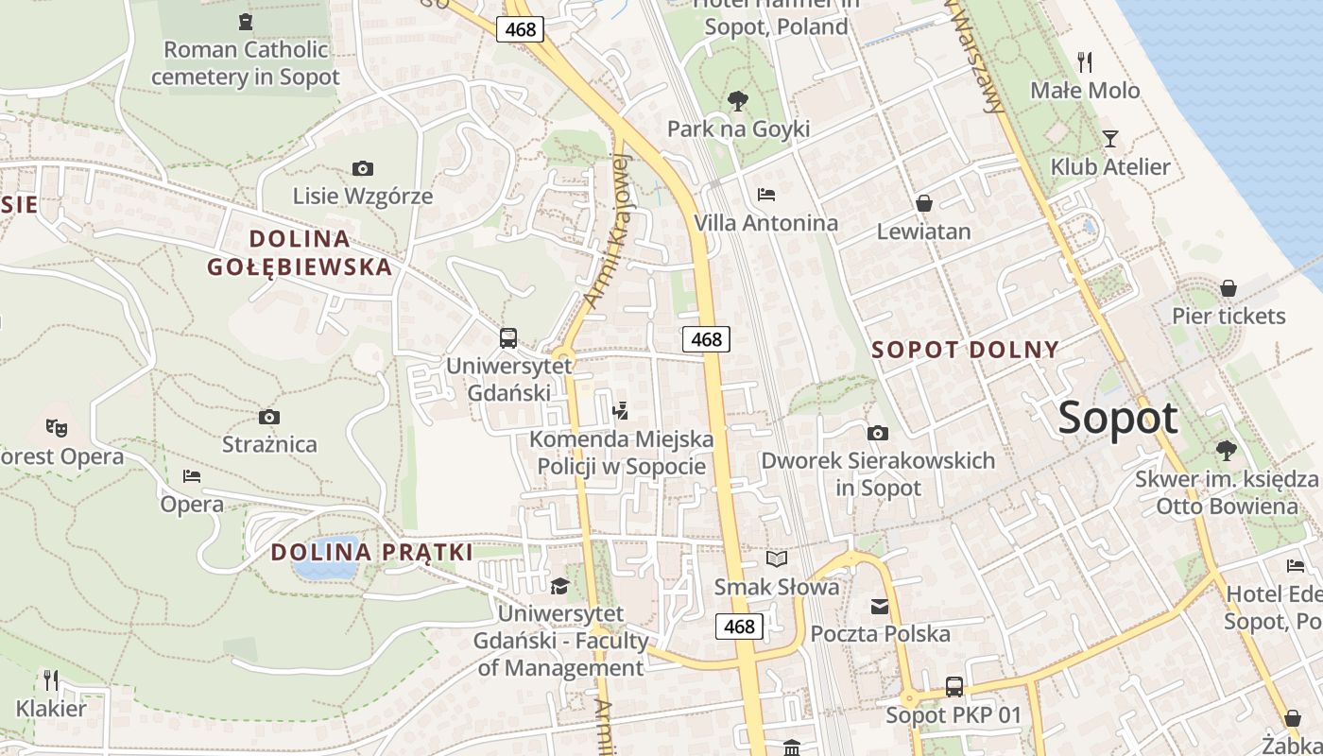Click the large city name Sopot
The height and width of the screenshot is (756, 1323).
1118,418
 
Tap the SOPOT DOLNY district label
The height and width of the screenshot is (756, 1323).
965,350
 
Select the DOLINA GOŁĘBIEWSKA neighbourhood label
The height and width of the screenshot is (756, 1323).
299,252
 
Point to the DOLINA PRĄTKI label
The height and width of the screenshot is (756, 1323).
371,553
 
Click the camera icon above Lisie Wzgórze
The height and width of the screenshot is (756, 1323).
362,169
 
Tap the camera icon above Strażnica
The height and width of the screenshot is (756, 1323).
269,417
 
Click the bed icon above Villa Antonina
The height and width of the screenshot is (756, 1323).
766,195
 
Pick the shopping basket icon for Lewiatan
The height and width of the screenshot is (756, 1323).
924,203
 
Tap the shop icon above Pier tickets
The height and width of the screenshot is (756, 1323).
1228,287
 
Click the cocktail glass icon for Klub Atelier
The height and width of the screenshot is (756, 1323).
1110,139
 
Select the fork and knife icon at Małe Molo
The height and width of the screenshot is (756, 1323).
1085,62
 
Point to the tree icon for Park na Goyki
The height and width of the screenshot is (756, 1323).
738,100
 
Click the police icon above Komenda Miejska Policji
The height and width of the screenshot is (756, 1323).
621,410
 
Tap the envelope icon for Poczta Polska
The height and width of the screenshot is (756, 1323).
880,606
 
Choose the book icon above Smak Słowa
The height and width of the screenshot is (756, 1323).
777,558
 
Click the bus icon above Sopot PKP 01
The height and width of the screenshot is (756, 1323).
954,687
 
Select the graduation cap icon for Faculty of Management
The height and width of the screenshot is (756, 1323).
560,587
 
